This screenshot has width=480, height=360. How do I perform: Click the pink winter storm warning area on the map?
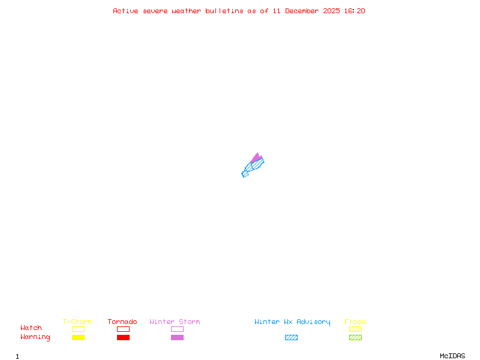pyautogui.click(x=256, y=158)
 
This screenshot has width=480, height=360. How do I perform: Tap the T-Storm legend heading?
pyautogui.click(x=77, y=322)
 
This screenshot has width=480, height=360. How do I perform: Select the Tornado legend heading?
pyautogui.click(x=122, y=322)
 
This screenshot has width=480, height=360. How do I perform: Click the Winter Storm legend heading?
pyautogui.click(x=175, y=322)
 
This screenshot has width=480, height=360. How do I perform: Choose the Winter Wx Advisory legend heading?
pyautogui.click(x=292, y=322)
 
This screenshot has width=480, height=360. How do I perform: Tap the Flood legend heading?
pyautogui.click(x=355, y=322)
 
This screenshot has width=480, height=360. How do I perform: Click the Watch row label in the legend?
pyautogui.click(x=31, y=328)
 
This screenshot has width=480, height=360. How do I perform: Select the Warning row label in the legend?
pyautogui.click(x=35, y=337)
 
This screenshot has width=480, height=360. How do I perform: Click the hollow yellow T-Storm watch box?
pyautogui.click(x=78, y=329)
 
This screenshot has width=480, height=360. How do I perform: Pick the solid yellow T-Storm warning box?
pyautogui.click(x=78, y=337)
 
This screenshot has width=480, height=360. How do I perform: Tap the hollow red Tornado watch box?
pyautogui.click(x=123, y=329)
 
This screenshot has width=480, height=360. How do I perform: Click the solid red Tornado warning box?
pyautogui.click(x=123, y=337)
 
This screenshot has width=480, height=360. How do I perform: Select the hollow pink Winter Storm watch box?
pyautogui.click(x=177, y=329)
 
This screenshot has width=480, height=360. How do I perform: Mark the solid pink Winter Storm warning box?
pyautogui.click(x=177, y=337)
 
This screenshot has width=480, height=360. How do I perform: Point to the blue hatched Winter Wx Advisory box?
pyautogui.click(x=291, y=337)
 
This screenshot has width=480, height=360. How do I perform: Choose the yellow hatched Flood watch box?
pyautogui.click(x=355, y=329)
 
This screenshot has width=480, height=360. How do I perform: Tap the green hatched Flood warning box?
pyautogui.click(x=355, y=337)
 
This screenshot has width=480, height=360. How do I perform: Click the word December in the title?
pyautogui.click(x=304, y=11)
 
